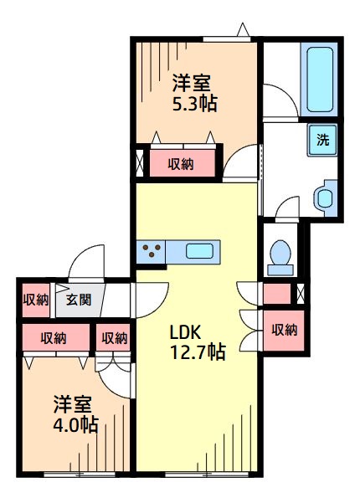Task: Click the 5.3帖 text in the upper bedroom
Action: [x=196, y=105]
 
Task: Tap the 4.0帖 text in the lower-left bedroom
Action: [x=75, y=424]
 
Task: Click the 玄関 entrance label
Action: [x=79, y=300]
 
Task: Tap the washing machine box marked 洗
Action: [x=323, y=140]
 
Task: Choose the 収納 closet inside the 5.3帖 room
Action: [x=181, y=164]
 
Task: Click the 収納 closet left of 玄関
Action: [x=35, y=300]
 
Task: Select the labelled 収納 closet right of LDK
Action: [x=284, y=330]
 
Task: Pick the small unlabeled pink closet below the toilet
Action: [x=275, y=295]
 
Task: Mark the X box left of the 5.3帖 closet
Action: [x=139, y=163]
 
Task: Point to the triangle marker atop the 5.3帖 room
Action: [x=242, y=31]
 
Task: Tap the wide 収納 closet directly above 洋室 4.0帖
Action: [x=54, y=338]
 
